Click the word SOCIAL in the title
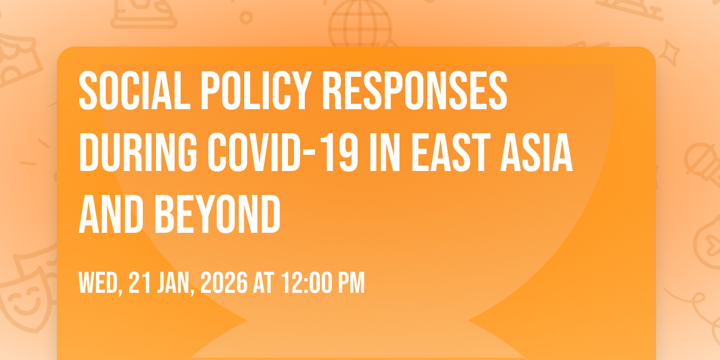[x=134, y=91]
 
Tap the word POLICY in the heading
[x=256, y=91]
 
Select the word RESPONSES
[x=415, y=91]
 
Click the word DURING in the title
[x=137, y=152]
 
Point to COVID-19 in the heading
[x=283, y=152]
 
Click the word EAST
[x=451, y=152]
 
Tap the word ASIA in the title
[x=536, y=152]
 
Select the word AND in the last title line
[x=111, y=214]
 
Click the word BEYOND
[x=218, y=214]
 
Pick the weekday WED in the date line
[x=100, y=283]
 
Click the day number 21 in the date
[x=140, y=283]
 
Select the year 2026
[x=224, y=283]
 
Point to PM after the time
[x=355, y=283]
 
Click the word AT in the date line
[x=263, y=283]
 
